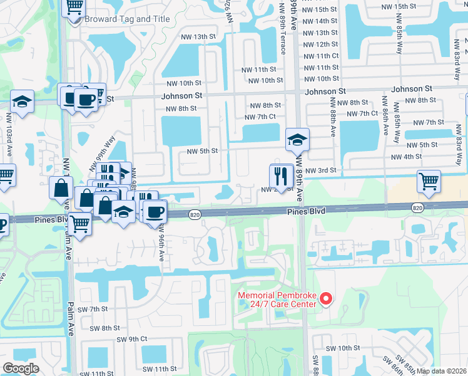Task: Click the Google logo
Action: (x=21, y=368)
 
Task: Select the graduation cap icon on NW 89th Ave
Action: (x=297, y=139)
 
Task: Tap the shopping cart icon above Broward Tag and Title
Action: (x=74, y=8)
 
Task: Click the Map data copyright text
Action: (x=441, y=371)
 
